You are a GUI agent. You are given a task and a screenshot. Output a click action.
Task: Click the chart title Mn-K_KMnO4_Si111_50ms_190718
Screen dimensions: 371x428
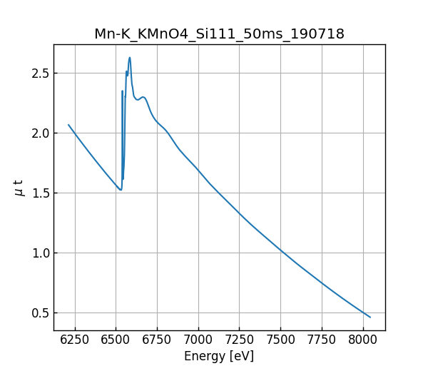click(x=219, y=34)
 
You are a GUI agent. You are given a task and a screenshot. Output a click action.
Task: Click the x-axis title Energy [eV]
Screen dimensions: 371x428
click(x=219, y=356)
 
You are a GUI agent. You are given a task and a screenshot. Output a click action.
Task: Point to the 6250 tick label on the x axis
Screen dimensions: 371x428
click(x=75, y=340)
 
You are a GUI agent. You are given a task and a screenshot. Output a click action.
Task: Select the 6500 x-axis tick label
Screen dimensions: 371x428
click(x=116, y=340)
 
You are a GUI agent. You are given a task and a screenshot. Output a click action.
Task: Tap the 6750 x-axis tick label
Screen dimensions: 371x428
click(x=157, y=340)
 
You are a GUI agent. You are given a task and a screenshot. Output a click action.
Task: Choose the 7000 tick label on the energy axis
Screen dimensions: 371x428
click(x=198, y=340)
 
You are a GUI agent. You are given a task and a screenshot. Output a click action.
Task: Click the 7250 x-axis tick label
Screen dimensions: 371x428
click(x=239, y=340)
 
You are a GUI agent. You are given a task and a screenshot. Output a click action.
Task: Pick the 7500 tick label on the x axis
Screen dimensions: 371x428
click(x=280, y=340)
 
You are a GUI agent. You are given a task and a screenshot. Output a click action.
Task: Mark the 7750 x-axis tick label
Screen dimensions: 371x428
click(x=321, y=340)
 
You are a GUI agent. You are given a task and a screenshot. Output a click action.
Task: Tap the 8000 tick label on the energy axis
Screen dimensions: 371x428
click(x=362, y=340)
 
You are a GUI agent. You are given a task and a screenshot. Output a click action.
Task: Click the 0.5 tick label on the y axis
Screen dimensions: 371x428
click(x=40, y=312)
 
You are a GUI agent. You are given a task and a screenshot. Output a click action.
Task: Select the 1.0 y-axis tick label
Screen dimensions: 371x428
click(x=40, y=253)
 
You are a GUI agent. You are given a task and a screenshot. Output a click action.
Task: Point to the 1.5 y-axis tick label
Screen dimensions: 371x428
click(x=40, y=193)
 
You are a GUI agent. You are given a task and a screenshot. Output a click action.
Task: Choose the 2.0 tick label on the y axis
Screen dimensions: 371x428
click(x=40, y=133)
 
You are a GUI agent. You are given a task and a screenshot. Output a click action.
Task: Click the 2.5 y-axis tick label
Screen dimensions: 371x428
click(x=40, y=73)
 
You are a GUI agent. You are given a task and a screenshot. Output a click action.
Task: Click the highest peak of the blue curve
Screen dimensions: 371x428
click(x=130, y=58)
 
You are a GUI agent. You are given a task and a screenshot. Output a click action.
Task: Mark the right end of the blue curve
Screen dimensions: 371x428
click(x=370, y=317)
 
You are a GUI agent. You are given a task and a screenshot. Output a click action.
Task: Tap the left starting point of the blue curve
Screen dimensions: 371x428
click(x=68, y=125)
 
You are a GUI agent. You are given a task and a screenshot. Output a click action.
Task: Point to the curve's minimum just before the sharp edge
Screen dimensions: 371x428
click(x=121, y=190)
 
